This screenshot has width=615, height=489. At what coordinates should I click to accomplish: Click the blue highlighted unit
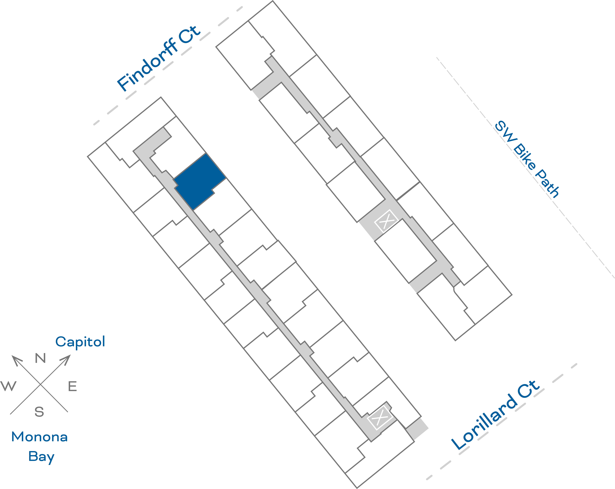click(200, 182)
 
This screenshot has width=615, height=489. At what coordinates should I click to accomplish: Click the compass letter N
click(40, 358)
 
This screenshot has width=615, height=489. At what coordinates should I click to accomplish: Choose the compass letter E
click(72, 386)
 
